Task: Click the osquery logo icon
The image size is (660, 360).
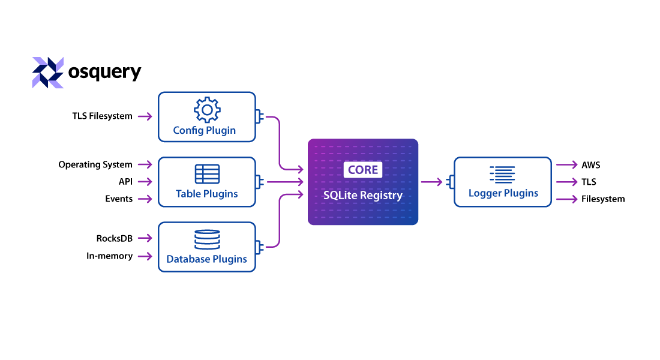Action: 47,73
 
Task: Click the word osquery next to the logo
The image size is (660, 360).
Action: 104,72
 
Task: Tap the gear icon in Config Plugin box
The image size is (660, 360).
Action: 207,110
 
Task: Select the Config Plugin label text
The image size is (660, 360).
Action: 205,130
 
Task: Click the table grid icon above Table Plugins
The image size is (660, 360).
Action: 207,173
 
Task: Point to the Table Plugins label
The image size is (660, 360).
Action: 207,194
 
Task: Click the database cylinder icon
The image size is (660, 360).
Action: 207,239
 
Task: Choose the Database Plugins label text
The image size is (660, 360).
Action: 207,259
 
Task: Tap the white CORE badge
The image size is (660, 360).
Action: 363,170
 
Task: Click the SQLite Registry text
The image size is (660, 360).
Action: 363,195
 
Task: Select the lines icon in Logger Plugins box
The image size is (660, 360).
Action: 502,174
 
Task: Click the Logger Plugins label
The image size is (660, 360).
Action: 503,193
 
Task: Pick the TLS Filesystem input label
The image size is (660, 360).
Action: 103,116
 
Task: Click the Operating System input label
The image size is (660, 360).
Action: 95,164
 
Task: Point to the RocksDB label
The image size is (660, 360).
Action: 114,239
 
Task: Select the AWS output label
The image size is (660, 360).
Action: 590,165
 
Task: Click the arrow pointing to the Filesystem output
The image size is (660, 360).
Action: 566,199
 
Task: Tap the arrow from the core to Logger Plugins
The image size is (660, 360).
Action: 432,182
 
